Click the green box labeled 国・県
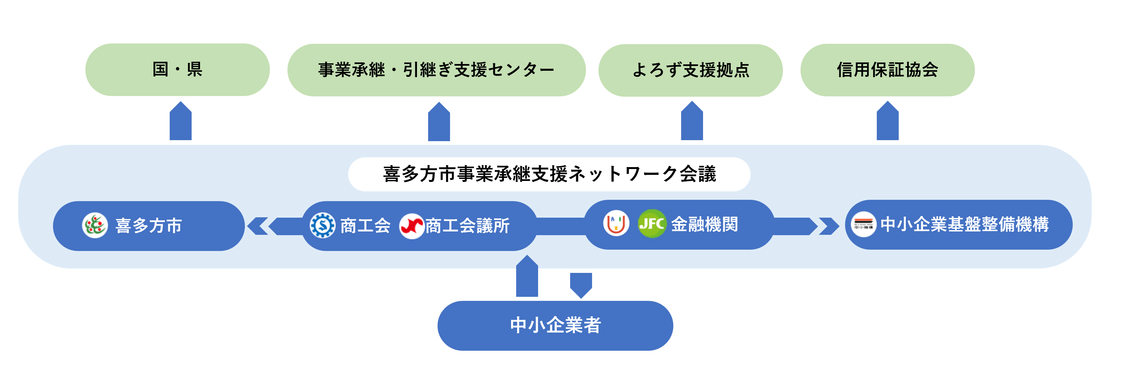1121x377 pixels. [x=177, y=70]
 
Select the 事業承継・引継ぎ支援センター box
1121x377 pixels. [x=436, y=70]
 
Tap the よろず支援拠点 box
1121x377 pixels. [x=690, y=70]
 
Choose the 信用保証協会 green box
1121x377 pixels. [x=887, y=70]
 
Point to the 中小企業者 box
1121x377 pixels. [x=555, y=325]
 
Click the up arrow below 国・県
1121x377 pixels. [x=180, y=122]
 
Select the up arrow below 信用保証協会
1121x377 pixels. [x=887, y=122]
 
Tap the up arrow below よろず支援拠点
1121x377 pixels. [x=692, y=122]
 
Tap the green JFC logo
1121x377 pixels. [x=651, y=224]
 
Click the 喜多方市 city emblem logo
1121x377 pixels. [x=95, y=225]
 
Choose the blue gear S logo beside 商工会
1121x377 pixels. [x=323, y=225]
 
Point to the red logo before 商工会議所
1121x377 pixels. [x=411, y=226]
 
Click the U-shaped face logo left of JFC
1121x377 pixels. [x=616, y=223]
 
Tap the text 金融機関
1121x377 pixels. [x=704, y=224]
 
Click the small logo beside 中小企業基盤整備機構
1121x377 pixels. [x=863, y=224]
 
